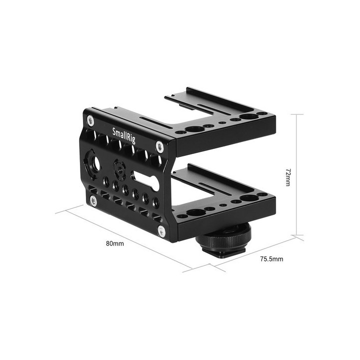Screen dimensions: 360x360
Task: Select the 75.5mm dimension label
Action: (271, 259)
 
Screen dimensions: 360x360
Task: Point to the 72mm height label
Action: (287, 177)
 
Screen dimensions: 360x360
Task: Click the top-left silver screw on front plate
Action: (90, 120)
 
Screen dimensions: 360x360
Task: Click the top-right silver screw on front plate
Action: (159, 146)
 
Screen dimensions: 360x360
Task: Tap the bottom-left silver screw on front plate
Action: (93, 200)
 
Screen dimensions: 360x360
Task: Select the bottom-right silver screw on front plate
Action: (161, 230)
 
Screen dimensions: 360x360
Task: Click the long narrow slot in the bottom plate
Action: (202, 186)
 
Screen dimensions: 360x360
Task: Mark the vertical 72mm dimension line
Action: (297, 175)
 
